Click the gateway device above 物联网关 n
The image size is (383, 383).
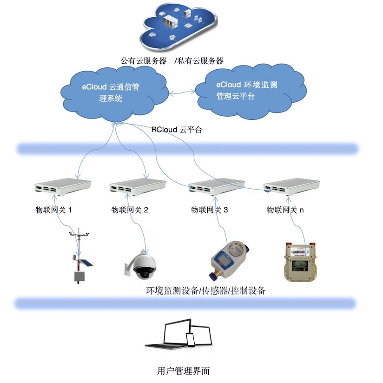tap(292, 186)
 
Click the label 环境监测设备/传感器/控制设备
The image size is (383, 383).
tap(206, 291)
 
